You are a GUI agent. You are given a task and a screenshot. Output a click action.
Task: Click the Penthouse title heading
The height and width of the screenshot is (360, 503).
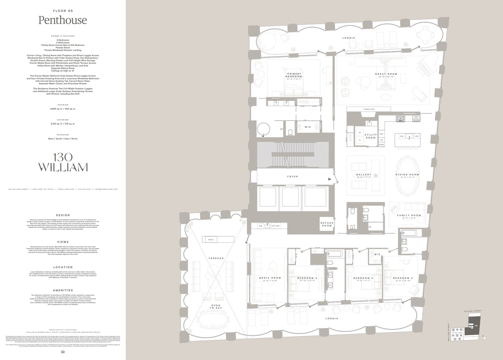pos(63,20)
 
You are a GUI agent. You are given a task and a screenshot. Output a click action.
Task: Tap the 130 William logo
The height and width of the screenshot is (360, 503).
pos(63,163)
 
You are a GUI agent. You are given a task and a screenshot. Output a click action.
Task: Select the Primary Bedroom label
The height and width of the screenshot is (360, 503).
pos(294,75)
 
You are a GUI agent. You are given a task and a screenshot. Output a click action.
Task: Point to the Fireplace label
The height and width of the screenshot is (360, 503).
pos(369,109)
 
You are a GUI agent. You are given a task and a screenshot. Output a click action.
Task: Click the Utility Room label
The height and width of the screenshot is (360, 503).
pos(371,136)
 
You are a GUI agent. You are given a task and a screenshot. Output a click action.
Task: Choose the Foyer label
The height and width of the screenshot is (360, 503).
pos(292,176)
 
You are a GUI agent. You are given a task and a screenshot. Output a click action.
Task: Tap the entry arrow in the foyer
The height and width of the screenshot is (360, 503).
pos(329,179)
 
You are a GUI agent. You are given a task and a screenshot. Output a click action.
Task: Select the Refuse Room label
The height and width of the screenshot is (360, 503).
pos(327,224)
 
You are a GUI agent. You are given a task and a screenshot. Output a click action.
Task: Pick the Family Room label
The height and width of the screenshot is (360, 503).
pos(409,215)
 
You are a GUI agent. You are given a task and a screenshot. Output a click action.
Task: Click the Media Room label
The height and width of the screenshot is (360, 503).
pos(270,278)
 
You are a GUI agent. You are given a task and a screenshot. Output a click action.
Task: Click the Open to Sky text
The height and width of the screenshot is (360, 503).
pos(216,307)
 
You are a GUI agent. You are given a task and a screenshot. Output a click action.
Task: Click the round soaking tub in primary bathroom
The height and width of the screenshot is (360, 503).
pos(264,129)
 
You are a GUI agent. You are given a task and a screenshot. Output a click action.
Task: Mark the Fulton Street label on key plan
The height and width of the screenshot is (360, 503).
pos(472,311)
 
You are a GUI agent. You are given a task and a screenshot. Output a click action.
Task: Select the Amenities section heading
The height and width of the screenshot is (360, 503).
pos(63,290)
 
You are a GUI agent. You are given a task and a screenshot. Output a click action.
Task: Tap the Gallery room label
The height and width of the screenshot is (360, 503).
pos(363,175)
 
